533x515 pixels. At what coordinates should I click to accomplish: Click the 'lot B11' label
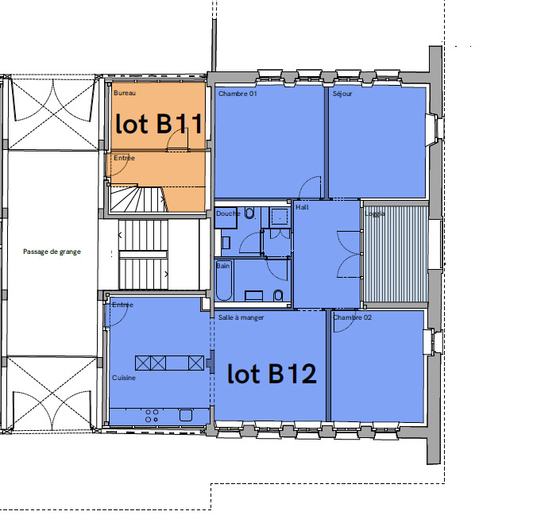(159, 124)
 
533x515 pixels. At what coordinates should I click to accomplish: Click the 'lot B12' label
(272, 374)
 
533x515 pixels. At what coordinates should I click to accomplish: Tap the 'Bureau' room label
(125, 93)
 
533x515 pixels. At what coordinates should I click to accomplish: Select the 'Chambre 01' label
(238, 94)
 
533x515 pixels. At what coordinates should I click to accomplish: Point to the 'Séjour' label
(342, 94)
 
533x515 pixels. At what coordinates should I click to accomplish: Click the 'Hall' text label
(302, 207)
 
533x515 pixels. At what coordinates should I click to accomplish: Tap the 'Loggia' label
(375, 213)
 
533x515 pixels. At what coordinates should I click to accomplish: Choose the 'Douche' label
(228, 213)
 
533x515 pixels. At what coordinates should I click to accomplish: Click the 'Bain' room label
(223, 266)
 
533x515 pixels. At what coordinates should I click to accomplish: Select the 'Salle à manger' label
(241, 317)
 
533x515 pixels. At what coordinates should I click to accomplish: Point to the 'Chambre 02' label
(353, 317)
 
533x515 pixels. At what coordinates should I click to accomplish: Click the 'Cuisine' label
(124, 378)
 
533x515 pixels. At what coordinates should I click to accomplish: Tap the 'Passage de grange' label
(52, 252)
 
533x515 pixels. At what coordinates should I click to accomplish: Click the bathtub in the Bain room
(224, 281)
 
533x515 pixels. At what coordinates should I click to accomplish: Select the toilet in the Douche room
(249, 213)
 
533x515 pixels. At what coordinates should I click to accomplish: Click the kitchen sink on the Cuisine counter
(186, 415)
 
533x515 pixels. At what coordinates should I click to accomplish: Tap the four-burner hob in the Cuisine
(152, 416)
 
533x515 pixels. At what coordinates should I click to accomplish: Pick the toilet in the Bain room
(278, 296)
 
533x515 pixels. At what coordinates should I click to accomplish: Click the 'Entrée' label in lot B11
(124, 158)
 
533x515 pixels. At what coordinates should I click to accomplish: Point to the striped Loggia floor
(396, 254)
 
